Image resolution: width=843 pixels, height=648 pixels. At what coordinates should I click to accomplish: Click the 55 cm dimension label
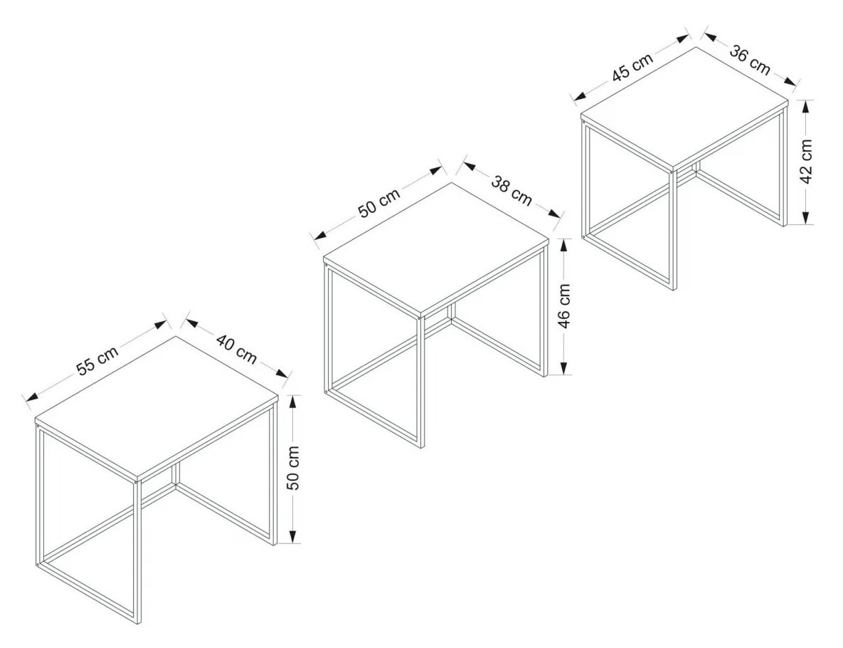coord(97,360)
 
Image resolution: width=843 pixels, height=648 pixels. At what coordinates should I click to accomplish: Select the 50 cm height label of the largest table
coord(294,469)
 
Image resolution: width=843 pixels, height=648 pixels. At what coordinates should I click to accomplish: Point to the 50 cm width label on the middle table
coord(380,202)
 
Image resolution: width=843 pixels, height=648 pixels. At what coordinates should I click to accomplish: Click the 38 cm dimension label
coord(511,191)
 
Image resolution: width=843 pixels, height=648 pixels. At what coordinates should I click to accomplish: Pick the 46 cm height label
coord(564,305)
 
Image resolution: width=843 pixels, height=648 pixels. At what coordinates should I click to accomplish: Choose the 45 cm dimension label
coord(632,67)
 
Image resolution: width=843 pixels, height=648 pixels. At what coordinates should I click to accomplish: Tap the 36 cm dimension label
coord(750,60)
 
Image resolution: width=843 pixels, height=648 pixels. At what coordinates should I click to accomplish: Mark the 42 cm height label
coord(807,162)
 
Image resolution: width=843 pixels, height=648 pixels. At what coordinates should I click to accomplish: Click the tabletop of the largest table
coord(157,407)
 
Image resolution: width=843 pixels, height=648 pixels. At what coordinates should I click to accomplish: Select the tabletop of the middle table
coord(436,249)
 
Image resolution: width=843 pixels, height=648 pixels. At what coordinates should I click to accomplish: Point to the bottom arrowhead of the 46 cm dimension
coord(563,367)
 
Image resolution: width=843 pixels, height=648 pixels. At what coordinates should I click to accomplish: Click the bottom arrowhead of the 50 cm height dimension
coord(292,537)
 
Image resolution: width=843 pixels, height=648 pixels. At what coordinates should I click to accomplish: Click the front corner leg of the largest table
coord(137,551)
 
